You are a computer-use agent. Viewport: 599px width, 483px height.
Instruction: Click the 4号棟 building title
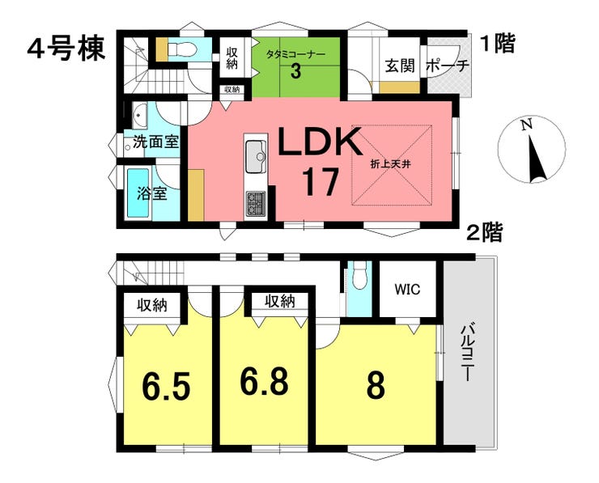(x=66, y=49)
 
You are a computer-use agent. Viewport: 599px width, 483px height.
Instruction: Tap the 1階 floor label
(x=498, y=43)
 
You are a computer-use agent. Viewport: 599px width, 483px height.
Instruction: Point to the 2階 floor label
(x=484, y=232)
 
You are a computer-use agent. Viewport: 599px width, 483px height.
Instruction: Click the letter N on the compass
(x=527, y=125)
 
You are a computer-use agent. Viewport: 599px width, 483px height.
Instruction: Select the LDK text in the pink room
(x=320, y=142)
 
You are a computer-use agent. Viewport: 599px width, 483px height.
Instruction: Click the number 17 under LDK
(x=320, y=182)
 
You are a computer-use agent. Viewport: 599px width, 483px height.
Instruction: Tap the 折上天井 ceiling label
(x=390, y=164)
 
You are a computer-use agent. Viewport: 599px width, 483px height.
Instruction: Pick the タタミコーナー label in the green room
(x=295, y=54)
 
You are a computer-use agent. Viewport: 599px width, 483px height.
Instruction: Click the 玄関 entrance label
(x=400, y=66)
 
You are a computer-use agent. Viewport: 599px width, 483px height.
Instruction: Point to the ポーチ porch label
(x=448, y=66)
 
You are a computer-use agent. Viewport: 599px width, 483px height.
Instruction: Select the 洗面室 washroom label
(x=155, y=142)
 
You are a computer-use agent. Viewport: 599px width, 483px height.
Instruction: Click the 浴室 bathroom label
(x=151, y=193)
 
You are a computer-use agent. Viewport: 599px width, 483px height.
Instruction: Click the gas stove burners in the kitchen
(x=256, y=204)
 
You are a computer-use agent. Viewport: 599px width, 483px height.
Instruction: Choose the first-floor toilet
(x=182, y=49)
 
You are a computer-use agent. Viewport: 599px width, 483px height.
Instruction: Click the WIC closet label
(x=407, y=289)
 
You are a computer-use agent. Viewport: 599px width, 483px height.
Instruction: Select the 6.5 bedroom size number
(x=166, y=388)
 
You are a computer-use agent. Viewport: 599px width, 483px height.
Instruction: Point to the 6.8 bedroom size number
(x=264, y=381)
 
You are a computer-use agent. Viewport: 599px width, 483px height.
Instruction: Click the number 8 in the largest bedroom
(x=376, y=387)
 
